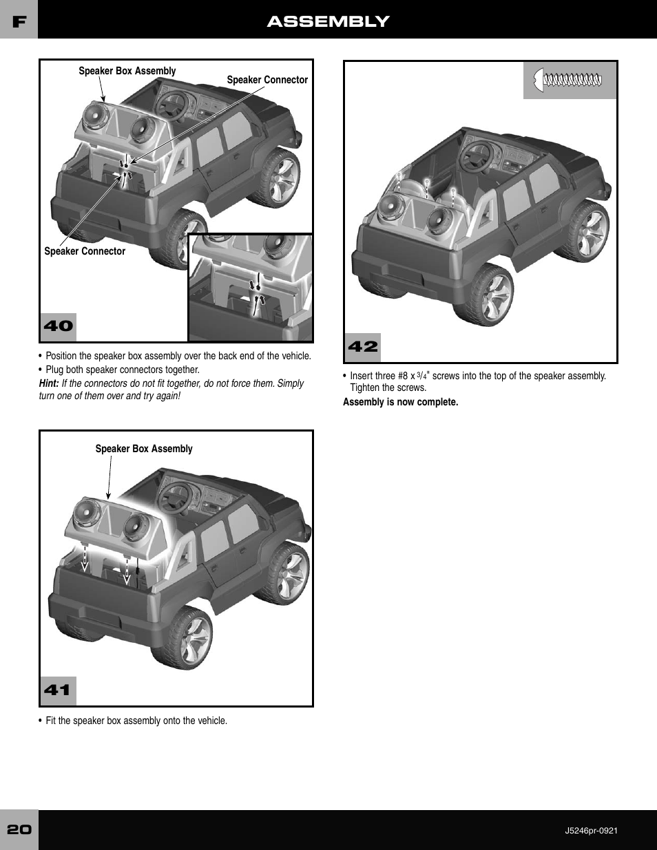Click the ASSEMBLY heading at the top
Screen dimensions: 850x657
pyautogui.click(x=328, y=21)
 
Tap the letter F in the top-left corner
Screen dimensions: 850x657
pyautogui.click(x=19, y=21)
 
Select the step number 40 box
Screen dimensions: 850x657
pyautogui.click(x=58, y=326)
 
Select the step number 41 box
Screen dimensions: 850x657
pyautogui.click(x=57, y=690)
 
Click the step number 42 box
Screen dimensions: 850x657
pyautogui.click(x=362, y=347)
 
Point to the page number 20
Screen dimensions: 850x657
pyautogui.click(x=19, y=829)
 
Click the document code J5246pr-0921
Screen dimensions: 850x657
pyautogui.click(x=591, y=830)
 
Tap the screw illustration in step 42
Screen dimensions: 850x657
pyautogui.click(x=570, y=81)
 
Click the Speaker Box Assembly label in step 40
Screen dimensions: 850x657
pyautogui.click(x=127, y=71)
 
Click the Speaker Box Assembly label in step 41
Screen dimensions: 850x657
pyautogui.click(x=143, y=449)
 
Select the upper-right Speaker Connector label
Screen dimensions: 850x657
pyautogui.click(x=267, y=80)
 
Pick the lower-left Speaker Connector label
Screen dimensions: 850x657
pyautogui.click(x=85, y=251)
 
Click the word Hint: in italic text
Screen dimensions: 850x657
pyautogui.click(x=49, y=383)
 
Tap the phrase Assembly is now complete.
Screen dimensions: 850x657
pyautogui.click(x=400, y=402)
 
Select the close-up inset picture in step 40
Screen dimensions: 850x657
pyautogui.click(x=250, y=287)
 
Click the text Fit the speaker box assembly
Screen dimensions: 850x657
pyautogui.click(x=136, y=721)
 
